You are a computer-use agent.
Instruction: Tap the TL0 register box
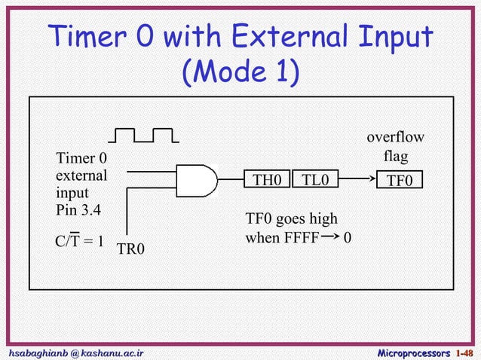[x=315, y=180]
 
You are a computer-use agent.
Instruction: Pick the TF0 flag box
[x=400, y=181]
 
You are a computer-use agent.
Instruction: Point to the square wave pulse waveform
[x=143, y=135]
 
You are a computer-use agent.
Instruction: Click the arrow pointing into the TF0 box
[x=357, y=180]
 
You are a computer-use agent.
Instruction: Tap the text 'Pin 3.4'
[x=78, y=208]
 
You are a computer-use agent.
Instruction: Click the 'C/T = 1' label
[x=79, y=243]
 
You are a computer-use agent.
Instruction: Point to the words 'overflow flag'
[x=394, y=147]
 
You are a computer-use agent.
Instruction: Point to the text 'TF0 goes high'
[x=292, y=219]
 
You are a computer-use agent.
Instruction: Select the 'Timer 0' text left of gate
[x=81, y=159]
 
